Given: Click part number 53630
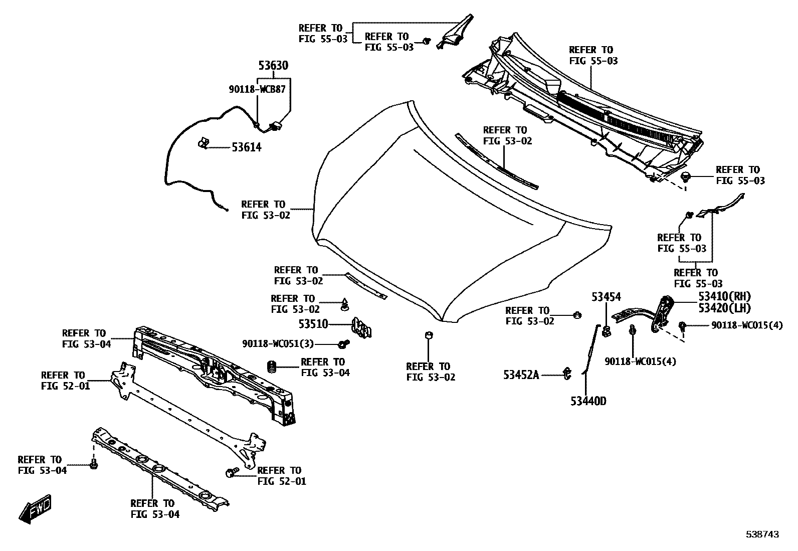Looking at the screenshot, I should (x=273, y=66).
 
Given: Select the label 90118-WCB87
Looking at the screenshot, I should (x=257, y=90).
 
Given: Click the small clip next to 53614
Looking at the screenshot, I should (x=203, y=143).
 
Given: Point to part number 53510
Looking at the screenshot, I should (x=313, y=324).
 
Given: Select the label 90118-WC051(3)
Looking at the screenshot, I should (x=278, y=344).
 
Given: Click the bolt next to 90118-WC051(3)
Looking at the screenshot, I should (x=344, y=344).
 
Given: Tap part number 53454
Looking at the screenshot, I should (x=606, y=297).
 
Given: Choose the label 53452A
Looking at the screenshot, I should (x=521, y=375).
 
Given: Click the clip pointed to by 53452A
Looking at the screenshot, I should (x=567, y=373).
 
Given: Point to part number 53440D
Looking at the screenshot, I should (x=588, y=401).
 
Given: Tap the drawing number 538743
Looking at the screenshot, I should (x=762, y=535).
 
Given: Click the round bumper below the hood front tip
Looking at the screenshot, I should (x=429, y=335).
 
